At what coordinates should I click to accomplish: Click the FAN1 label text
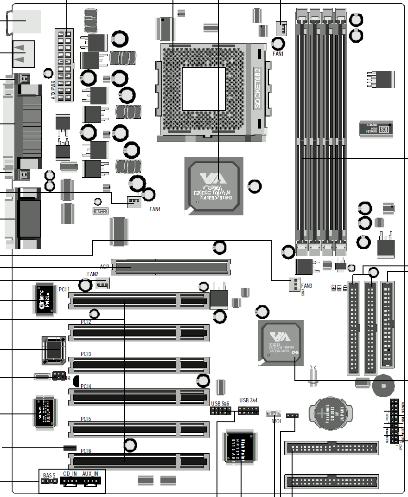coord(278,54)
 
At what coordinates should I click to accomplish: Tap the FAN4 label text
coord(155,209)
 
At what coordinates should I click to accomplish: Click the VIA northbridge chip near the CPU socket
coord(214,186)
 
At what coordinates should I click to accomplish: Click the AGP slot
coord(171,267)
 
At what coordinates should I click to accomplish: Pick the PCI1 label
coord(64,290)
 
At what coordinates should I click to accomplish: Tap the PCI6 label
coord(86,451)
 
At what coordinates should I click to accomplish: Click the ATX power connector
coord(65,65)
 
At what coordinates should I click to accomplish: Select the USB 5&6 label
coord(220,404)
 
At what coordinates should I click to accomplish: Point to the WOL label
coord(277,421)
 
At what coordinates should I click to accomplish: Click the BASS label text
coord(49,475)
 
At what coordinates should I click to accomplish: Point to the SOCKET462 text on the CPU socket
coord(259,88)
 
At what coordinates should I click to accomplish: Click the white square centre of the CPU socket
coord(204,88)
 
